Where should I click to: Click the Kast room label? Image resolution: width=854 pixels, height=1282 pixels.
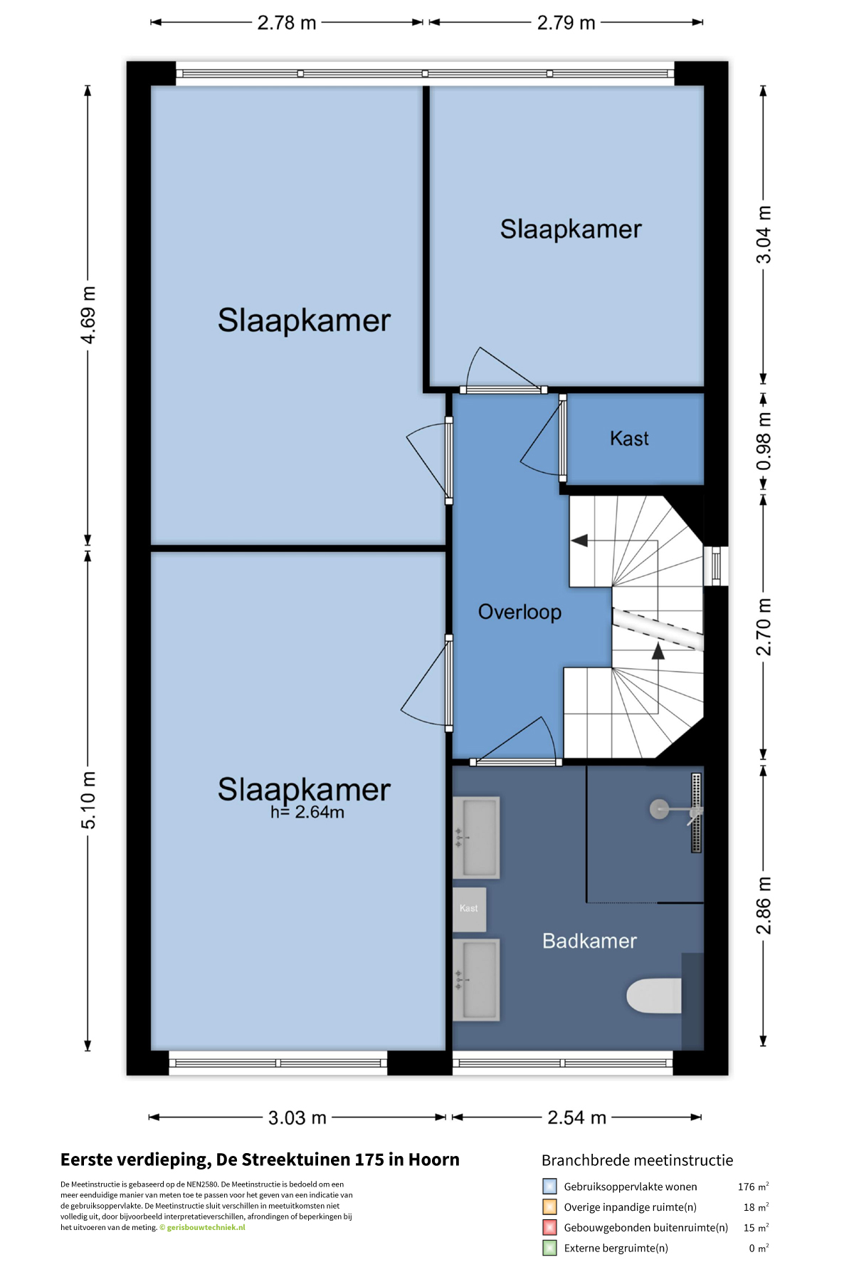pyautogui.click(x=629, y=439)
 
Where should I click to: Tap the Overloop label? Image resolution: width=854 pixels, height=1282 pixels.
pyautogui.click(x=520, y=613)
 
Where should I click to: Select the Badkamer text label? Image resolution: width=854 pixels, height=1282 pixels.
pyautogui.click(x=589, y=941)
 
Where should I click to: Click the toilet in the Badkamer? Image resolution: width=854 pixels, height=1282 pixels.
pyautogui.click(x=654, y=996)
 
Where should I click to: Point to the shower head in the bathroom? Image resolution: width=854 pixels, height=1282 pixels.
pyautogui.click(x=660, y=809)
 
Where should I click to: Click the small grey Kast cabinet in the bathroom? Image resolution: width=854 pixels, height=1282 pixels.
pyautogui.click(x=470, y=909)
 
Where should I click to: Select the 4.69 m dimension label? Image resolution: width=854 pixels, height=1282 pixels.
pyautogui.click(x=88, y=315)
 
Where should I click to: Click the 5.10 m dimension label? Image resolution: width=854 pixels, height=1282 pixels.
pyautogui.click(x=88, y=801)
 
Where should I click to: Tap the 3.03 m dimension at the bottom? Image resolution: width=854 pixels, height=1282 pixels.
pyautogui.click(x=297, y=1117)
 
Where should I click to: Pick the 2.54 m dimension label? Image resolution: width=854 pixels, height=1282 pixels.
pyautogui.click(x=576, y=1117)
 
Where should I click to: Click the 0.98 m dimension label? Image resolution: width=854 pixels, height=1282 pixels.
pyautogui.click(x=764, y=441)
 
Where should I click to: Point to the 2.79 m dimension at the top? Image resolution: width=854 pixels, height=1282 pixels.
pyautogui.click(x=566, y=23)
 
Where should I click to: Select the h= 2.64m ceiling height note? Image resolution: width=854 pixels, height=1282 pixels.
pyautogui.click(x=307, y=812)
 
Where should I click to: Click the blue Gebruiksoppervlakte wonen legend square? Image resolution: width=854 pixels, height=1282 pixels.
pyautogui.click(x=549, y=1187)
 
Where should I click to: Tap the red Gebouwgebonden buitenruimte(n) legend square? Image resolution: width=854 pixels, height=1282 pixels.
pyautogui.click(x=549, y=1227)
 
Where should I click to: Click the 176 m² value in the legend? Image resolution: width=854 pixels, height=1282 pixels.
pyautogui.click(x=753, y=1187)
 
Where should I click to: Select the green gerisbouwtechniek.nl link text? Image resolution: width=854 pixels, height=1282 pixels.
pyautogui.click(x=206, y=1227)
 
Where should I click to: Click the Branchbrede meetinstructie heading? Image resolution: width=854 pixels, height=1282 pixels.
pyautogui.click(x=637, y=1160)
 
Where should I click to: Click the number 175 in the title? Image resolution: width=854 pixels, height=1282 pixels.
pyautogui.click(x=369, y=1159)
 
